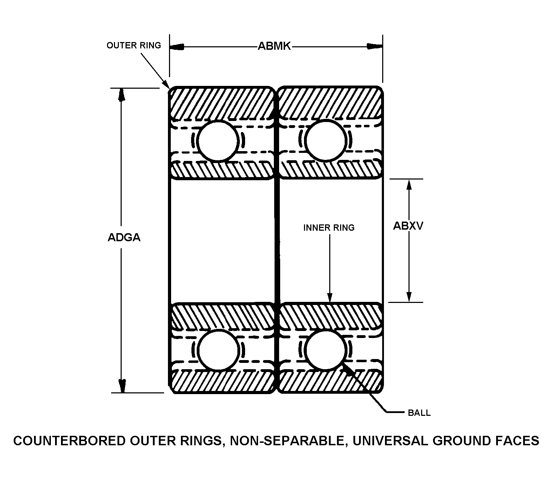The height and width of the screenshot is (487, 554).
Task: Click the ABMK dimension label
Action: pos(274,46)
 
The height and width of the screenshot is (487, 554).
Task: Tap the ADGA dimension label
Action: pos(124,238)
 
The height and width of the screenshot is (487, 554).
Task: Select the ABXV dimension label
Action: pos(408,226)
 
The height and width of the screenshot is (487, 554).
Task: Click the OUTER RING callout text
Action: pos(134,45)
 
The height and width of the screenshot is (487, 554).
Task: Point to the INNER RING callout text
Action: pos(329,228)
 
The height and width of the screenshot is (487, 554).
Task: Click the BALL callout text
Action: pos(419,413)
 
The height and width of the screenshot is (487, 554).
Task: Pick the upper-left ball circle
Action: pos(218,141)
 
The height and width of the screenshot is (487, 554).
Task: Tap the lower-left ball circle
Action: pos(219,350)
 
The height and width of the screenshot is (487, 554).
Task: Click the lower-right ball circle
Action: pos(326,350)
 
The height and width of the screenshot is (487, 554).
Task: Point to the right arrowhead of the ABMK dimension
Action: pos(374,46)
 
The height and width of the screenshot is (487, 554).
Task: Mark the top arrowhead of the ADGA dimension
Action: pos(122,95)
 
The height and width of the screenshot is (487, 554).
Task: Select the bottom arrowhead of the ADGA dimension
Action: pos(122,386)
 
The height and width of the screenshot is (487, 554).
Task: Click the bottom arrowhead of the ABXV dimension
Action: pos(408,296)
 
